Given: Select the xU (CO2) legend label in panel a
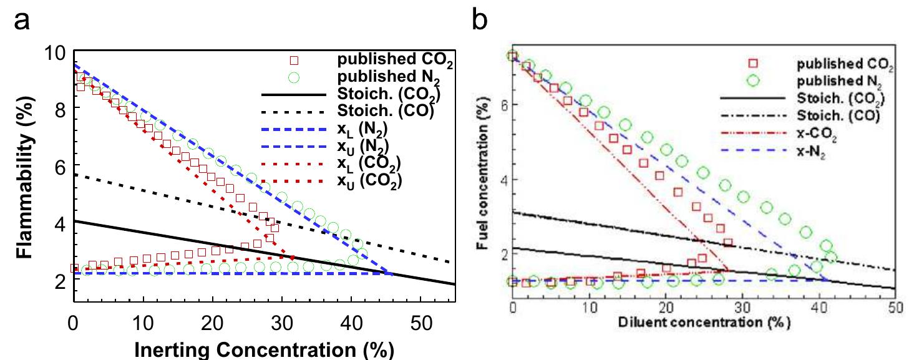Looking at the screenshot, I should [368, 181].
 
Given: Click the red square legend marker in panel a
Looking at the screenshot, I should [294, 61].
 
